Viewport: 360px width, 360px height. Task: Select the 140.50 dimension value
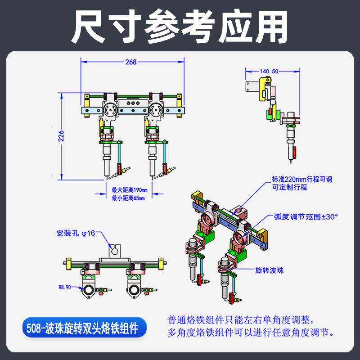(x=270, y=71)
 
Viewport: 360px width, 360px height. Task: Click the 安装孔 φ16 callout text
(x=76, y=234)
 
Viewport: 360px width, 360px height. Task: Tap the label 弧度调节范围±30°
(x=305, y=216)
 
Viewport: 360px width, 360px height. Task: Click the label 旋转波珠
(x=270, y=270)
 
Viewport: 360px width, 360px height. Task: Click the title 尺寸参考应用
(x=180, y=26)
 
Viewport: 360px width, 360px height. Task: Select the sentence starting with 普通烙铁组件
(x=245, y=320)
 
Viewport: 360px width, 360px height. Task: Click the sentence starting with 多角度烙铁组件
(x=251, y=333)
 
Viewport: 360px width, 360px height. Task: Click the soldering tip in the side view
(x=291, y=157)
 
